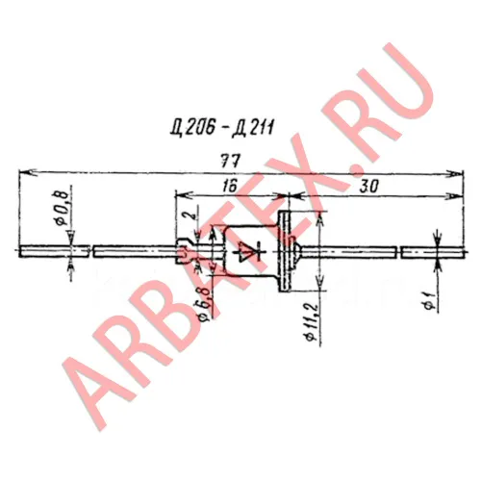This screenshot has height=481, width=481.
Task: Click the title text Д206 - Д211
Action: click(222, 128)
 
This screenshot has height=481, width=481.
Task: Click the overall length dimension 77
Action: click(231, 161)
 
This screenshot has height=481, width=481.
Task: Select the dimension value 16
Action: click(230, 186)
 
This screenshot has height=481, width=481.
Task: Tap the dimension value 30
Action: click(368, 186)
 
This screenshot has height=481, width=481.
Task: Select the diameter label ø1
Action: click(430, 301)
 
